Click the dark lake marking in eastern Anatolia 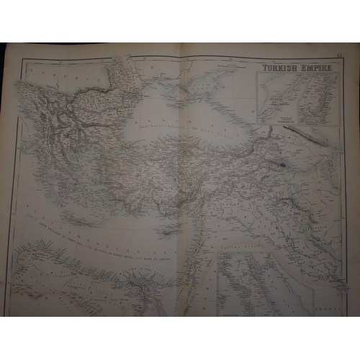283,165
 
